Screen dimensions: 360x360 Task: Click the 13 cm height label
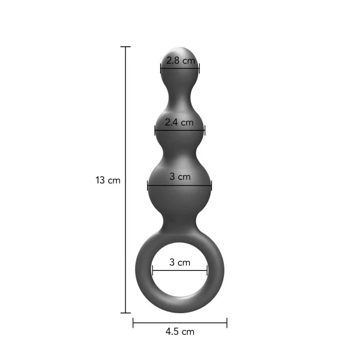[x=108, y=180]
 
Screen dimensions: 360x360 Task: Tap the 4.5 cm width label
[x=180, y=332]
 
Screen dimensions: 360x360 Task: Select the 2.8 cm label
[x=181, y=61]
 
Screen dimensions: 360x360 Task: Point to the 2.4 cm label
[x=179, y=122]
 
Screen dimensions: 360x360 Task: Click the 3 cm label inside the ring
[x=180, y=262]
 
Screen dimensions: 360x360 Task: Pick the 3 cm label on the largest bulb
[x=180, y=176]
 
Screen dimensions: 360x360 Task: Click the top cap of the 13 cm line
[x=125, y=47]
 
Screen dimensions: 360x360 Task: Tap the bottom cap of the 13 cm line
[x=125, y=313]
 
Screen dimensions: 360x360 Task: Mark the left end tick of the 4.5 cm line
[x=133, y=323]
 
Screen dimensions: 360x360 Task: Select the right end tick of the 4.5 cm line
[x=227, y=323]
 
